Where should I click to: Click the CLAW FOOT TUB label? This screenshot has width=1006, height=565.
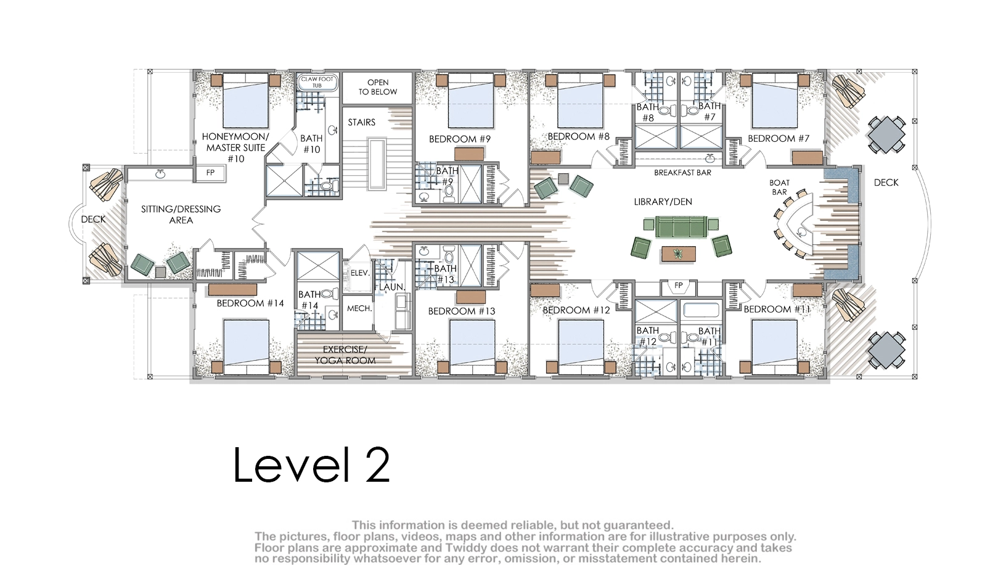pyautogui.click(x=317, y=82)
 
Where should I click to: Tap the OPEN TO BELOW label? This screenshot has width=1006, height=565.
pyautogui.click(x=378, y=87)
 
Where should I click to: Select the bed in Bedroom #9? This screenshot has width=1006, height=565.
pyautogui.click(x=471, y=101)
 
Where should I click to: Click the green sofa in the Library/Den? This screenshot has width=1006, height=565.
pyautogui.click(x=681, y=226)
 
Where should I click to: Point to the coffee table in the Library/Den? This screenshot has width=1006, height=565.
pyautogui.click(x=679, y=254)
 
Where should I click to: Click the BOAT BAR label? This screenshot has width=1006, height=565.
pyautogui.click(x=779, y=188)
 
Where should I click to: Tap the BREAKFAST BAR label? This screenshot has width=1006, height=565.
pyautogui.click(x=682, y=173)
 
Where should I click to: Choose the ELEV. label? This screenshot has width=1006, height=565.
pyautogui.click(x=360, y=273)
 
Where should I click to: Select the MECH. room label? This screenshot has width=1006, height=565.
pyautogui.click(x=359, y=308)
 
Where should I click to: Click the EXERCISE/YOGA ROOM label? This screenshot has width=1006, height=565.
pyautogui.click(x=345, y=355)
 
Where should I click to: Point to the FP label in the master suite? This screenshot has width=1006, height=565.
pyautogui.click(x=210, y=173)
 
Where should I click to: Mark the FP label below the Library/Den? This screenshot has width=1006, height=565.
pyautogui.click(x=679, y=286)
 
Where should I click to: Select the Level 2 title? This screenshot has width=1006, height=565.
pyautogui.click(x=312, y=465)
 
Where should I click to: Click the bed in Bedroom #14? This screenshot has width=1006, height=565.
pyautogui.click(x=246, y=347)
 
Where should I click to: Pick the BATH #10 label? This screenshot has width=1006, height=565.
pyautogui.click(x=311, y=144)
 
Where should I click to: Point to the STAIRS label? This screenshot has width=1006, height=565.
pyautogui.click(x=361, y=122)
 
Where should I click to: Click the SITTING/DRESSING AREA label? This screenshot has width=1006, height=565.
pyautogui.click(x=181, y=215)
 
